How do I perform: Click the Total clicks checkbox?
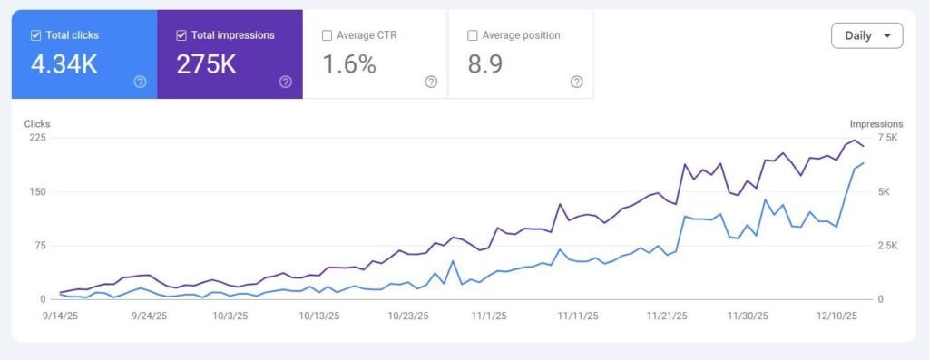[35, 35]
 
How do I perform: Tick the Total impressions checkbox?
[181, 35]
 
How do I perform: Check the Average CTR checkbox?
[327, 35]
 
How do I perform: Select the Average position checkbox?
[472, 35]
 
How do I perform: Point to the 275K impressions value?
[207, 64]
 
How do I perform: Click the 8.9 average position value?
[486, 64]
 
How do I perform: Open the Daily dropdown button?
[866, 35]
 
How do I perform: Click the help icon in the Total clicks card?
[140, 82]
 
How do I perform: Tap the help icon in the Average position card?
[576, 82]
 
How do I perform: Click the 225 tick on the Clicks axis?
[36, 138]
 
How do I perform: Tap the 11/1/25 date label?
[489, 316]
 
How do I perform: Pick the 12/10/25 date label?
[839, 316]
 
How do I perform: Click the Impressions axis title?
[875, 123]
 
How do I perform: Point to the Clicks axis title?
[37, 123]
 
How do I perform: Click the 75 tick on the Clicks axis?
[39, 246]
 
